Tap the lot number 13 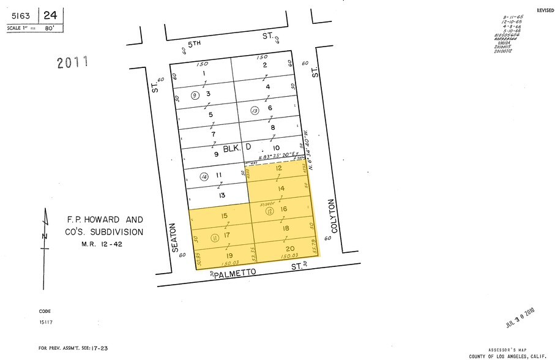pos(223,195)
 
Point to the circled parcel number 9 pos(195,95)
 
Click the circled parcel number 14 pos(204,177)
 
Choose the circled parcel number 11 pos(197,237)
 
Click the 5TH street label pos(195,45)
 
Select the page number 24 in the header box pos(53,15)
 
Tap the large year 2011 pos(73,62)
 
